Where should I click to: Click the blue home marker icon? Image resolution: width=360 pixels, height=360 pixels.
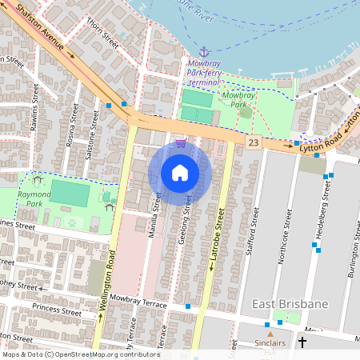click(180, 172)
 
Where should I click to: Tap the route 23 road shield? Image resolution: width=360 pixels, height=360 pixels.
click(254, 142)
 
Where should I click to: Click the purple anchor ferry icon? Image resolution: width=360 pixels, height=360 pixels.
click(203, 51)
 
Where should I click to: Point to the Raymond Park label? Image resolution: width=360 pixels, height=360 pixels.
click(34, 199)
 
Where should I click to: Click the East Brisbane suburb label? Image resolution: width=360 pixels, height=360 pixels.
click(290, 304)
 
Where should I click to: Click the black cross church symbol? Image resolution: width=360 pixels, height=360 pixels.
click(302, 342)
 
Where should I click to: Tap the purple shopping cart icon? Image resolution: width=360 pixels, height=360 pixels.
click(181, 143)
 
